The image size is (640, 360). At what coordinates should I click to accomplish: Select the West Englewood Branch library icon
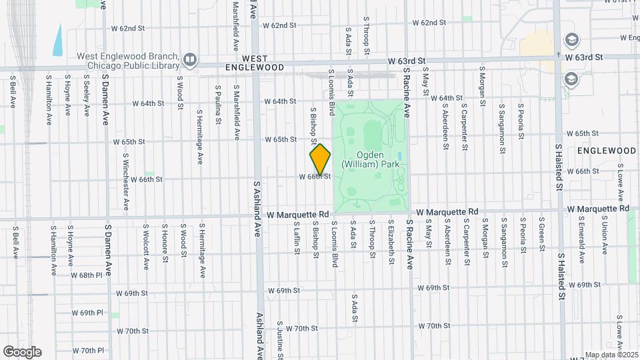(x=190, y=61)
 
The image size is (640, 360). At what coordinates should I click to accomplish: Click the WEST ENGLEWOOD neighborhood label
(x=263, y=63)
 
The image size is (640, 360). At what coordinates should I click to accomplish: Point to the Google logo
(x=22, y=352)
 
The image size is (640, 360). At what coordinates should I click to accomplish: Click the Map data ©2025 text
(x=611, y=355)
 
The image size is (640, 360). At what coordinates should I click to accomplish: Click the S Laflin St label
(x=296, y=237)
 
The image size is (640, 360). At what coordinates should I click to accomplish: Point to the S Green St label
(x=541, y=235)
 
